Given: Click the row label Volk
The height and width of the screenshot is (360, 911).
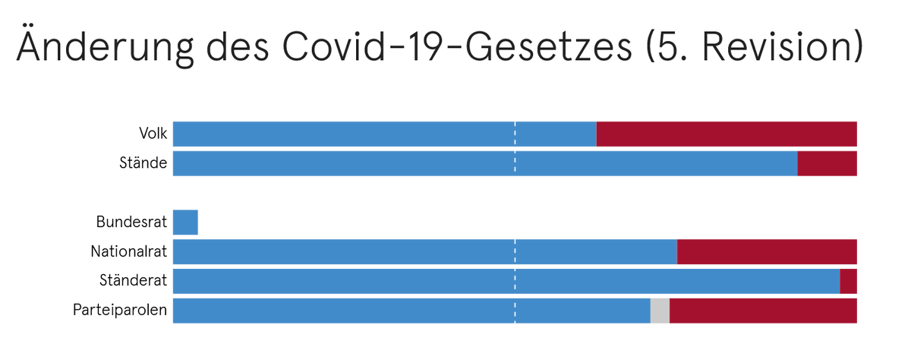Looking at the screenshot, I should [x=153, y=134].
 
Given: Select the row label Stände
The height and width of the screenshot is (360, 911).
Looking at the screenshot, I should [x=143, y=163].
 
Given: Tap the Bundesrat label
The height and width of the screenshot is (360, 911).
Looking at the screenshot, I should [x=131, y=223].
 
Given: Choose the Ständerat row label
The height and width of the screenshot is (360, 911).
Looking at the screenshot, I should [x=133, y=281].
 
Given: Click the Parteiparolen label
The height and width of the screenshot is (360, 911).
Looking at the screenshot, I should [x=120, y=311].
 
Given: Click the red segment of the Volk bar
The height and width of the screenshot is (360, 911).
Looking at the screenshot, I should [x=727, y=134].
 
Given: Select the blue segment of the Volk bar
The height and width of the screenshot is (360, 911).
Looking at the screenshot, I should [x=384, y=134].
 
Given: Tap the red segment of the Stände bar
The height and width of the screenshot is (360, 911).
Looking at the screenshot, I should [x=827, y=163].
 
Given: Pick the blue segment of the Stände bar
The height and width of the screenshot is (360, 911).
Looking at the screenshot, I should [x=484, y=163].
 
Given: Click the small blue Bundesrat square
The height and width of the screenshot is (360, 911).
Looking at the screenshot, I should [x=185, y=223].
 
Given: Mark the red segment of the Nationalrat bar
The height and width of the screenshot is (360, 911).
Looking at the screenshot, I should [x=767, y=251].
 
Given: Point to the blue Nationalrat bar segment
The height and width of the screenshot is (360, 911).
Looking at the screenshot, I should [x=424, y=251].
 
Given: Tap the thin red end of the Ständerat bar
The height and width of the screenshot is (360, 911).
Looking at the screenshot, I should [x=848, y=281].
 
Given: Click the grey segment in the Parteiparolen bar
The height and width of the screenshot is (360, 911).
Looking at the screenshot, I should [x=660, y=311].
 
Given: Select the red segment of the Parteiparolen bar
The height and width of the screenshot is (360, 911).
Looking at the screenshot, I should [x=763, y=311].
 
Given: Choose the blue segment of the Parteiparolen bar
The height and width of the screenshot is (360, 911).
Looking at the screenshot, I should [x=411, y=311].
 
